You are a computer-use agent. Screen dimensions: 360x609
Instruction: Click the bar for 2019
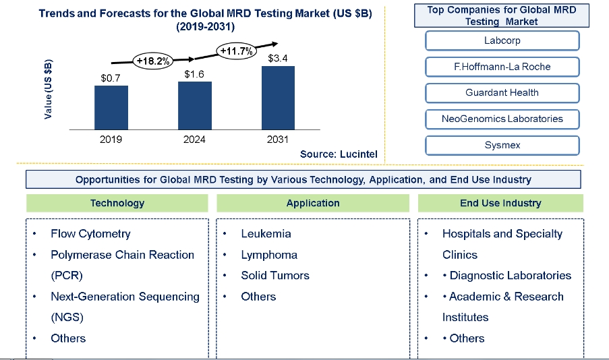(111, 107)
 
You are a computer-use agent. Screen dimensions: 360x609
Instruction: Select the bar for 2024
(194, 105)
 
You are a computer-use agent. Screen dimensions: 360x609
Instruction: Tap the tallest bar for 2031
(278, 97)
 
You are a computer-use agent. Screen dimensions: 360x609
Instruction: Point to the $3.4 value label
(278, 59)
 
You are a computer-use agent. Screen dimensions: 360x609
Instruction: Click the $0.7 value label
(111, 78)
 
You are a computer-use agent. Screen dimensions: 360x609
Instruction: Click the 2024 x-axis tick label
(194, 140)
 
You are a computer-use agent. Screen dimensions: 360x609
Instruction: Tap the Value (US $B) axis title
(49, 90)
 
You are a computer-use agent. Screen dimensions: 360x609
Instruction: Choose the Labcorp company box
(502, 40)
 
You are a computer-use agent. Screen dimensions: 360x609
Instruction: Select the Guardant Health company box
(502, 93)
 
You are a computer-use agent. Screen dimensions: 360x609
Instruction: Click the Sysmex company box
(502, 145)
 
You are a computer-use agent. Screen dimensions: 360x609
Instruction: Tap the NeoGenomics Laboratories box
(502, 119)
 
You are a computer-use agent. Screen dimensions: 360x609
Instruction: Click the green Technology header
(117, 203)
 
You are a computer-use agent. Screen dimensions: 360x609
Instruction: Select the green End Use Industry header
(500, 203)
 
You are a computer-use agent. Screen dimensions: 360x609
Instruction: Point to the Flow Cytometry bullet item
(90, 234)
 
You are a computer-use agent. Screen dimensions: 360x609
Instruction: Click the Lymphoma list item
(269, 255)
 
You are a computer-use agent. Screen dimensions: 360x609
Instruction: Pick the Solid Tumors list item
(275, 276)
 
